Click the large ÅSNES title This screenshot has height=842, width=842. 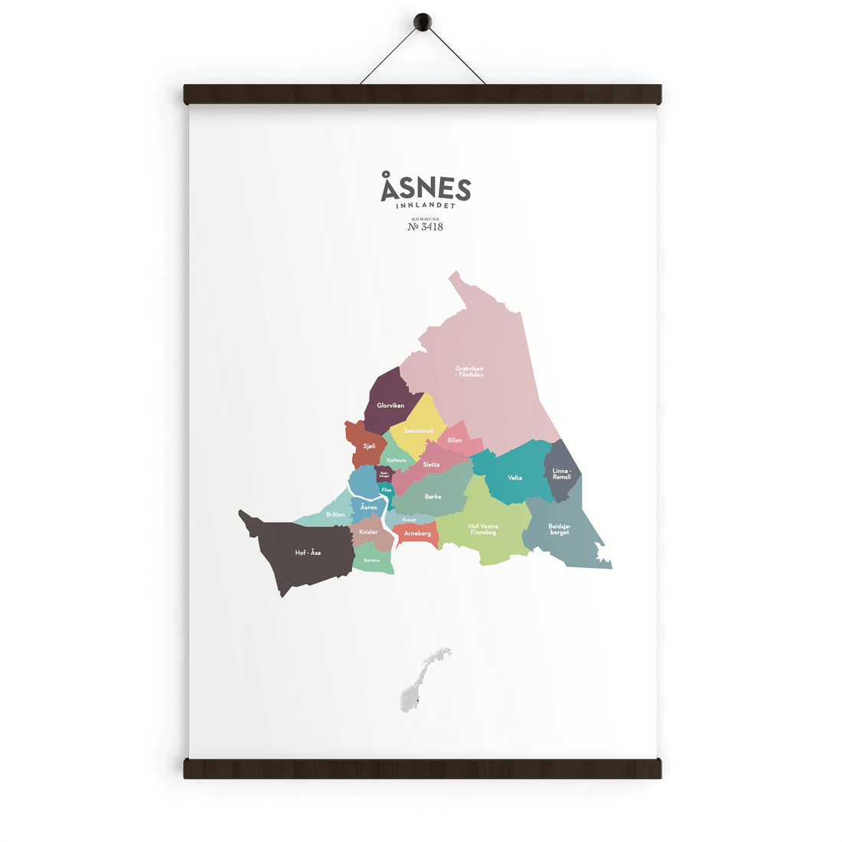pyautogui.click(x=426, y=188)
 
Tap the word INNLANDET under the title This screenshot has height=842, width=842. pyautogui.click(x=426, y=206)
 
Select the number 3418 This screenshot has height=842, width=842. pyautogui.click(x=432, y=227)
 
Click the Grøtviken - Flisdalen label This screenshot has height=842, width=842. pyautogui.click(x=469, y=371)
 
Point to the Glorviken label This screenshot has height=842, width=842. pyautogui.click(x=390, y=406)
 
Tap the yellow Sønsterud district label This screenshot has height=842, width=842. pyautogui.click(x=419, y=431)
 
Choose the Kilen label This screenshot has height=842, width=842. pyautogui.click(x=455, y=440)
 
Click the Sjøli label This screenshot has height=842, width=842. pyautogui.click(x=370, y=445)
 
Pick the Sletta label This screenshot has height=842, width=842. pyautogui.click(x=432, y=465)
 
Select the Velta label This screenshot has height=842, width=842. pyautogui.click(x=515, y=478)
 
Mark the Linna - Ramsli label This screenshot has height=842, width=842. pyautogui.click(x=562, y=474)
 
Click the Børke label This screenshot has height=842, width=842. pyautogui.click(x=433, y=497)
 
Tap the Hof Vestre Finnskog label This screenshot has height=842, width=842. pyautogui.click(x=483, y=529)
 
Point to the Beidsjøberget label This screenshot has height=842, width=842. pyautogui.click(x=560, y=529)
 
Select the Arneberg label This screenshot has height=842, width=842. pyautogui.click(x=418, y=534)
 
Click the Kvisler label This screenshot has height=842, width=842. pyautogui.click(x=369, y=532)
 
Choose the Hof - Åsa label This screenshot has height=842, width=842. pyautogui.click(x=308, y=553)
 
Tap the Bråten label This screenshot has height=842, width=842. pyautogui.click(x=335, y=514)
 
